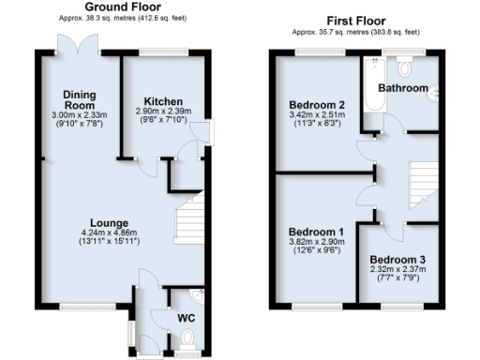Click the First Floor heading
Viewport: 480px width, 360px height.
pos(359,20)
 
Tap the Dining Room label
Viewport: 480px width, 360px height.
pos(81,100)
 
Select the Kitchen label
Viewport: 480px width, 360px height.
pos(162,100)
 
